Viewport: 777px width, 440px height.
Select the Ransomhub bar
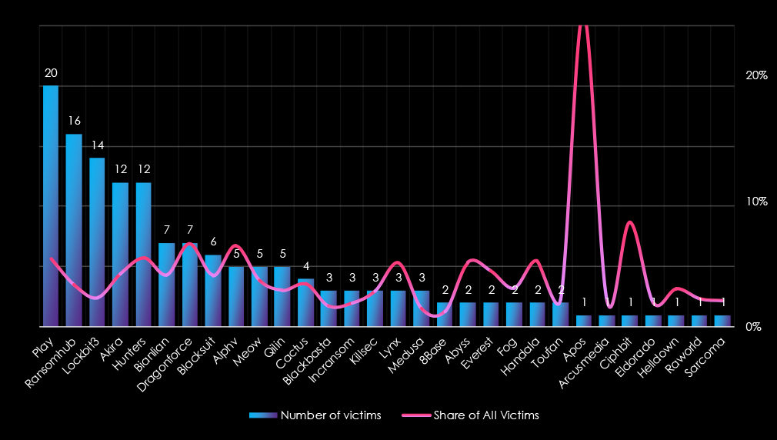pos(74,231)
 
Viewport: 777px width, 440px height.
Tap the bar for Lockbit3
pos(97,242)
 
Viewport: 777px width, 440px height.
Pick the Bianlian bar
pos(166,285)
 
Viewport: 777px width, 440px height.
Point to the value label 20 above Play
pos(51,73)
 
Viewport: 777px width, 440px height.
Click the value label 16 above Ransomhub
pos(74,121)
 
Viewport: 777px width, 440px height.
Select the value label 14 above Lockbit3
pos(97,145)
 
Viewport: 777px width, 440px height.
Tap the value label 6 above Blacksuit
pos(213,242)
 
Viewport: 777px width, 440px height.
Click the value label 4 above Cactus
pos(305,266)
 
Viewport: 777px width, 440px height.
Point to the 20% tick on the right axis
pos(757,76)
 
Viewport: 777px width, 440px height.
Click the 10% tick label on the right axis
pos(757,202)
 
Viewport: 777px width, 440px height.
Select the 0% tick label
pos(753,327)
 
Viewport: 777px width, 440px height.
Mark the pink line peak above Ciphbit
pos(630,222)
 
